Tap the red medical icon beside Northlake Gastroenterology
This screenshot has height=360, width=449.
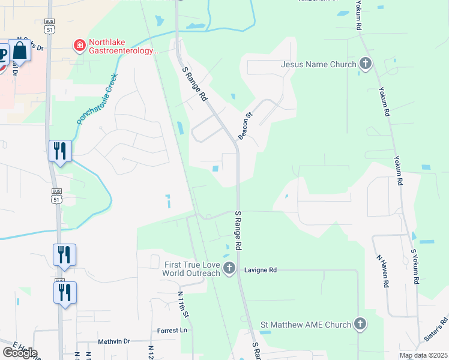pos(79,45)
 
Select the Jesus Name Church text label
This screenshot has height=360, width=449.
pos(319,64)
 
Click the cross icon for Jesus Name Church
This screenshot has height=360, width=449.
pos(365,64)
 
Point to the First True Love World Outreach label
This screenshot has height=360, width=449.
pos(191,269)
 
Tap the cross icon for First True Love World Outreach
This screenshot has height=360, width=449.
pos(228,269)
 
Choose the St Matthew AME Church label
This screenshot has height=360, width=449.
pos(306,325)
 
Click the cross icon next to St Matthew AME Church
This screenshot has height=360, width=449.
pos(360,325)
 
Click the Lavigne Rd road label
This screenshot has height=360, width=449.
pos(260,270)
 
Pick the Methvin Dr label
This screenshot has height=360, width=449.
pos(114,341)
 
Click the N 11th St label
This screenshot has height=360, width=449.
pos(183,305)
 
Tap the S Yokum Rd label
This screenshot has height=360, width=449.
pos(414,266)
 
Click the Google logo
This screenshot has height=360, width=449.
pos(19,353)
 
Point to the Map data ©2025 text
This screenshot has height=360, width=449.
pos(423,355)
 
